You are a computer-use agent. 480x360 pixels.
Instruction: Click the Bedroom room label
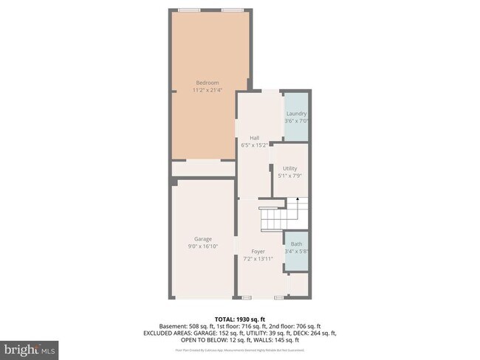coord(203,82)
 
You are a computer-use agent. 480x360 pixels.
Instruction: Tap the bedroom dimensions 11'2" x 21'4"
coord(203,89)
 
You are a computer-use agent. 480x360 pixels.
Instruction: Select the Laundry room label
coord(296,114)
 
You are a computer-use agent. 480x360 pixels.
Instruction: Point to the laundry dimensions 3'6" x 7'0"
coord(296,121)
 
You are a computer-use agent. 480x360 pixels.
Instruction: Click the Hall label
coord(254,138)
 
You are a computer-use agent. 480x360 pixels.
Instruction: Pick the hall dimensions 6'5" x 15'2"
coord(254,145)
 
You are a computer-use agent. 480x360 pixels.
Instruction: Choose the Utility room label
coord(289,169)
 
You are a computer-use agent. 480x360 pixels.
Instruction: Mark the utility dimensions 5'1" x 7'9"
coord(289,176)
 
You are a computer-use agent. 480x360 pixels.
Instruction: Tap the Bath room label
coord(296,244)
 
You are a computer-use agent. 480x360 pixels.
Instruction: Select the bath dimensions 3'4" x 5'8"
coord(296,252)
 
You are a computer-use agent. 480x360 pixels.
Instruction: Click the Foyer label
coord(258,252)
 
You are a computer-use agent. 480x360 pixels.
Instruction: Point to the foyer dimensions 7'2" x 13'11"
coord(258,259)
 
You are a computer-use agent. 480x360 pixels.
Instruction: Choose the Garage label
coord(203,239)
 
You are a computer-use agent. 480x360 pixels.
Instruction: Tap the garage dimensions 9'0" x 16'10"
coord(203,246)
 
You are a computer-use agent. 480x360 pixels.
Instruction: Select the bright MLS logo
coord(30,347)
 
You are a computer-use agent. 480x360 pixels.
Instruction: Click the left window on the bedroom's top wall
coord(190,10)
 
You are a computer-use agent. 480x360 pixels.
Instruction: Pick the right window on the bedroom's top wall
coord(233,10)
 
